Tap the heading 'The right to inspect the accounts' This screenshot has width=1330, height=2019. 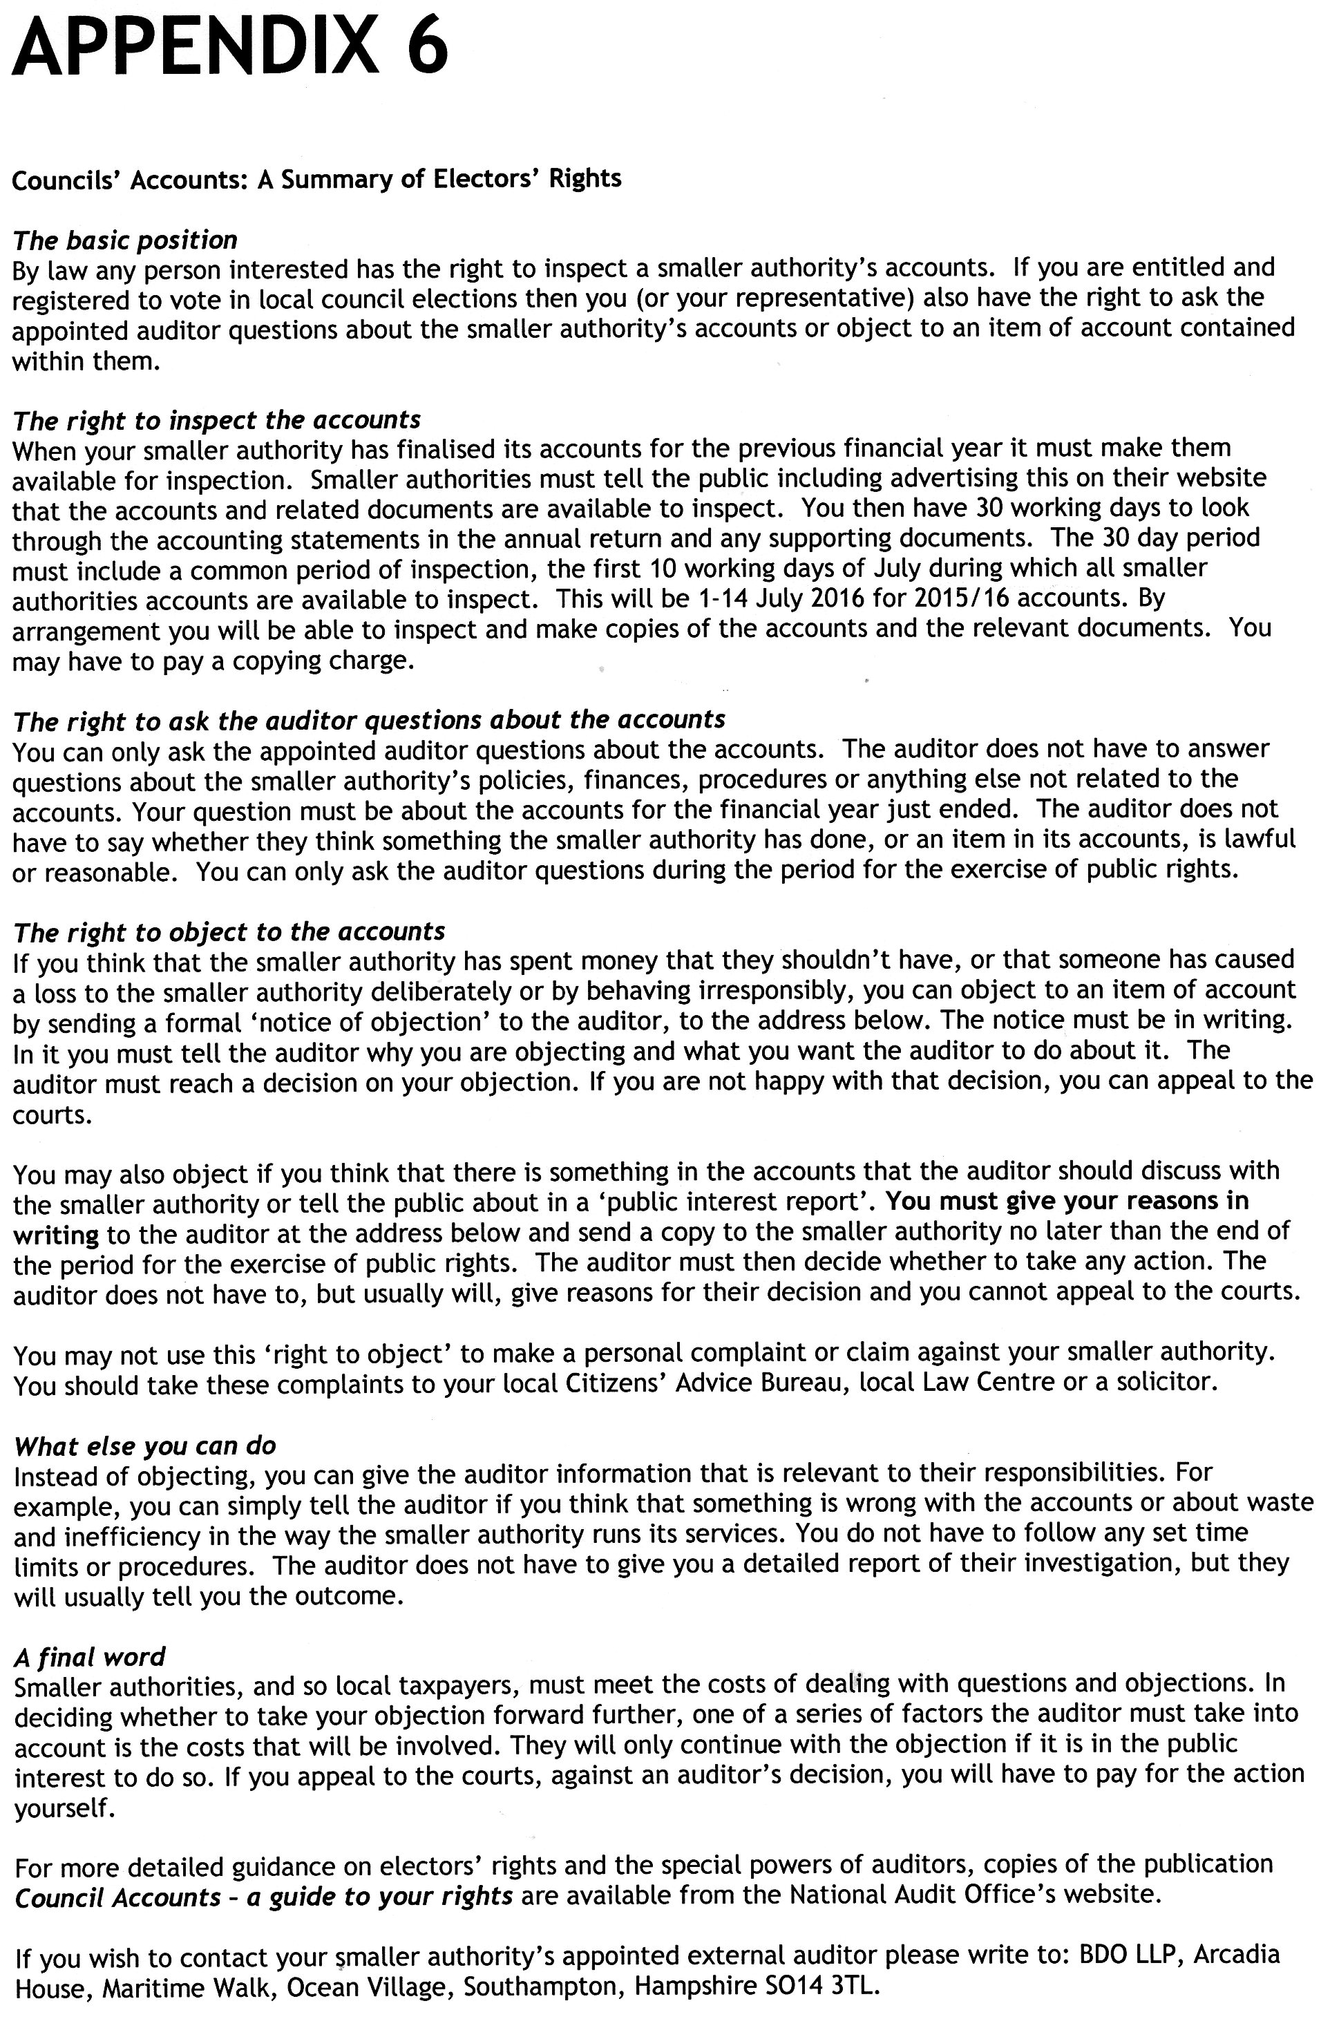point(216,420)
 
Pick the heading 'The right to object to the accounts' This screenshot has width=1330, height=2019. point(229,931)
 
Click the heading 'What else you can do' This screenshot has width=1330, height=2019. point(145,1445)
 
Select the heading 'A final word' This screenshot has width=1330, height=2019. point(89,1657)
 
